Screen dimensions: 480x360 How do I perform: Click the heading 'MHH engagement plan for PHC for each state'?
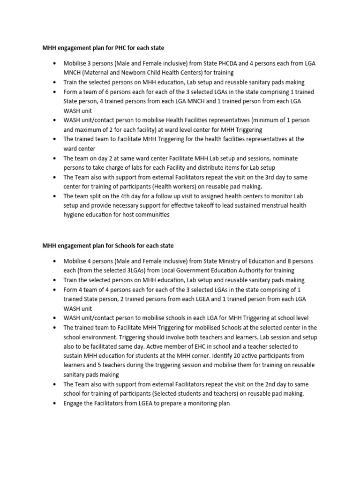(x=103, y=48)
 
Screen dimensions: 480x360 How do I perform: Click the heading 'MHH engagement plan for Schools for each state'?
(x=108, y=246)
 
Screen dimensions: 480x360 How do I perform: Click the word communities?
(x=150, y=215)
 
